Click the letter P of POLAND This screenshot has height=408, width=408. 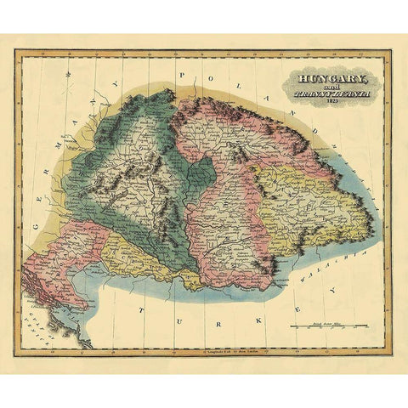pyautogui.click(x=180, y=77)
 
